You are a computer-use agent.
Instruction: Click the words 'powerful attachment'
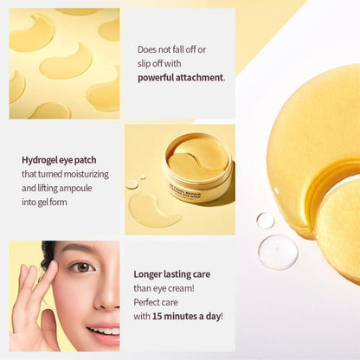tap(180, 77)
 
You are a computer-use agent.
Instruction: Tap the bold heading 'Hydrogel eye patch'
tap(58, 159)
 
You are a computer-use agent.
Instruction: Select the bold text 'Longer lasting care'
tap(172, 274)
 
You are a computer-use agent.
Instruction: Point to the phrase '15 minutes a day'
tap(184, 316)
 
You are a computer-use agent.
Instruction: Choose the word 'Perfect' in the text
tap(148, 302)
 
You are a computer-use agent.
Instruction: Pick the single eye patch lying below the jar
tap(153, 209)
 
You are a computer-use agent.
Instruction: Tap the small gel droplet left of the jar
tap(132, 183)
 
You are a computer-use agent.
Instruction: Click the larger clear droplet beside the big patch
tap(278, 252)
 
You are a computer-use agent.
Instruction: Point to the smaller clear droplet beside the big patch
tap(265, 221)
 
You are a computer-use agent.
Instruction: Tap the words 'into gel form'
tap(46, 201)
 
